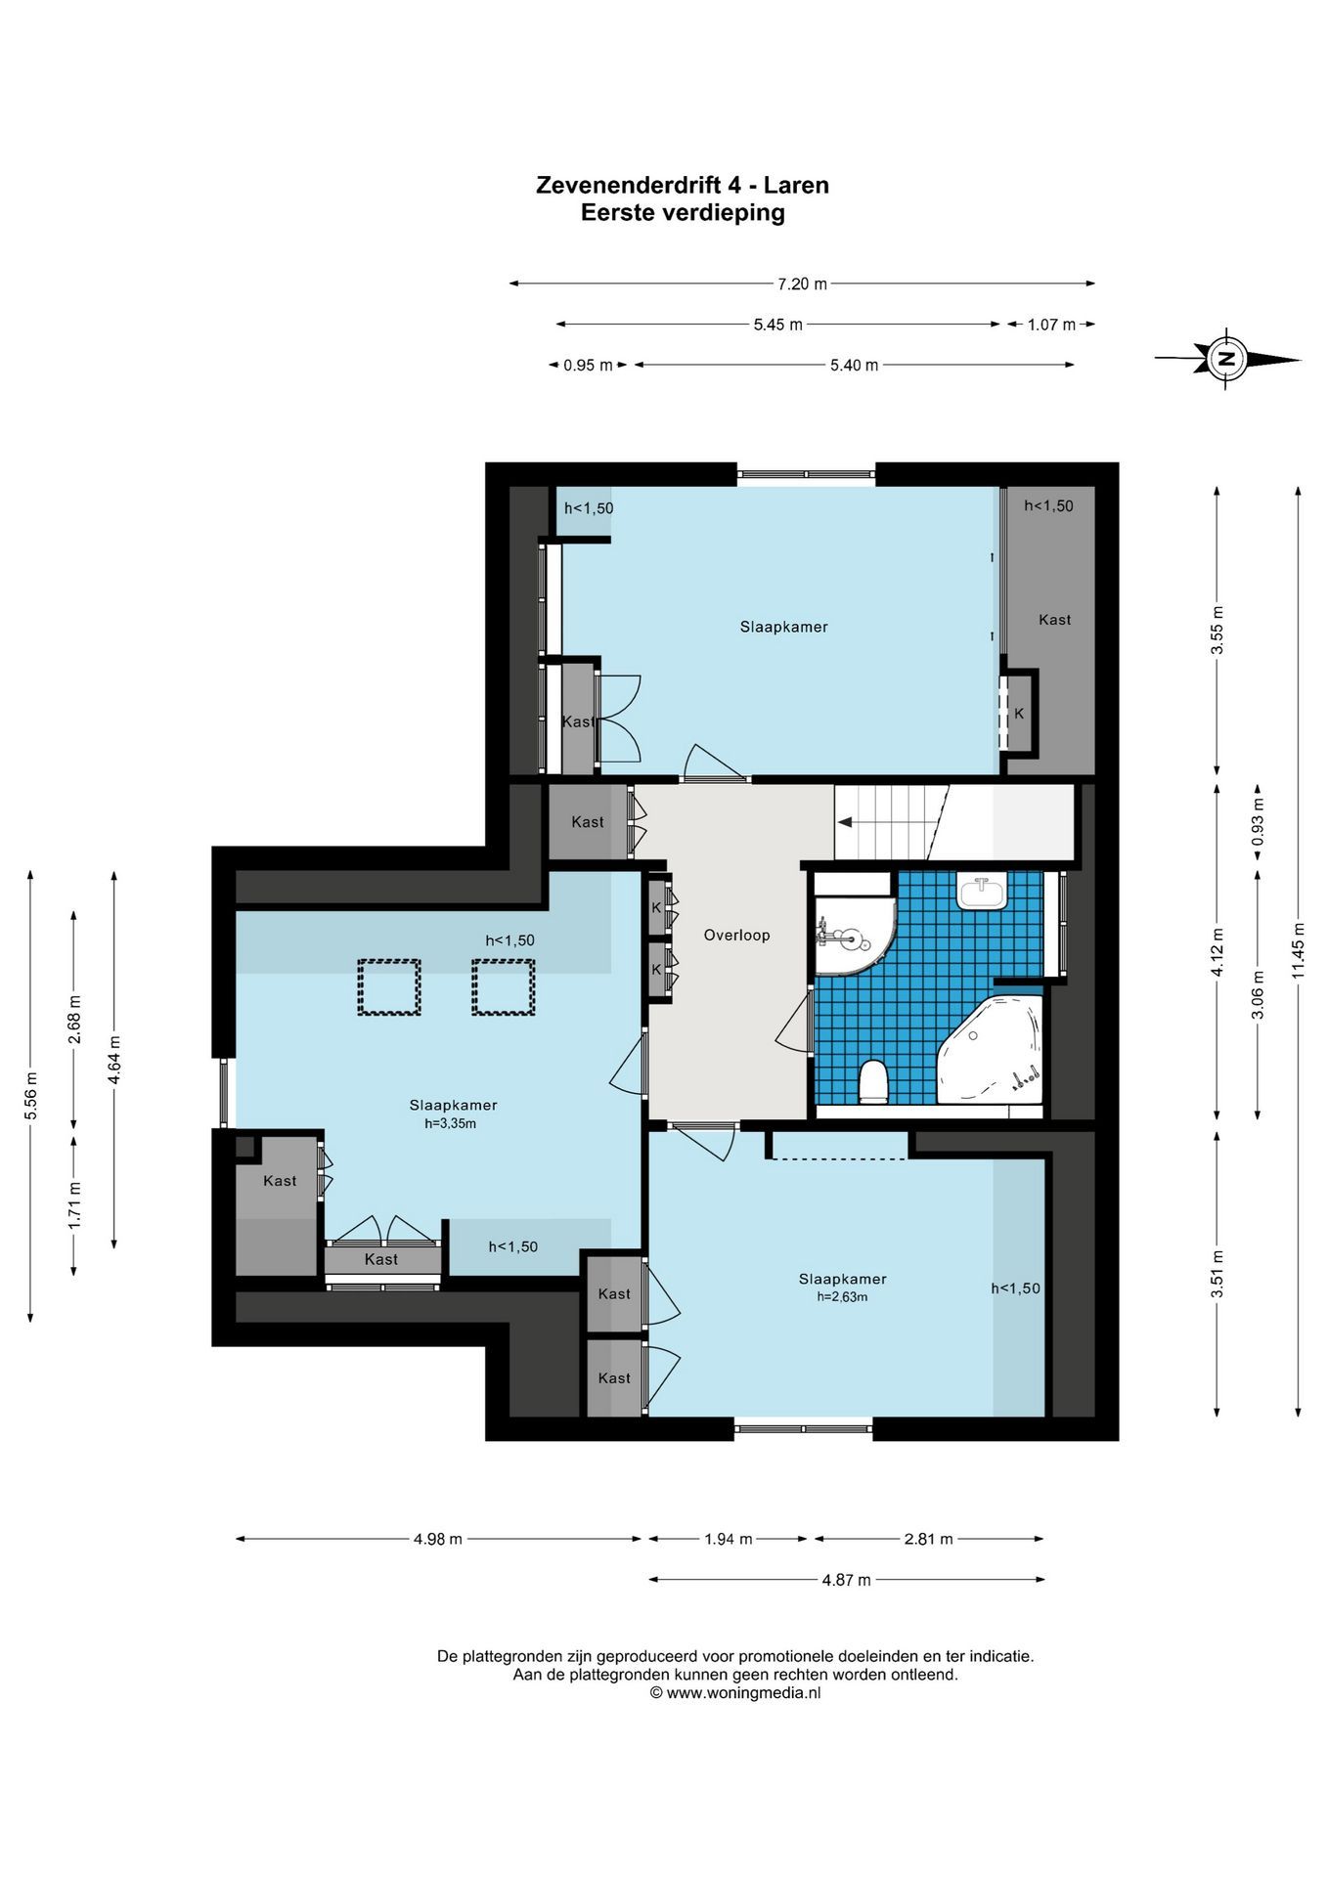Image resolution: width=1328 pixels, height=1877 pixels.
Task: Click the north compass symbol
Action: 1226,359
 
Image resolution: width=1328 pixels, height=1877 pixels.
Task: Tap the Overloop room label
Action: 736,936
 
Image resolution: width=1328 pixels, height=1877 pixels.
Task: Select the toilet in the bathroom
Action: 872,1082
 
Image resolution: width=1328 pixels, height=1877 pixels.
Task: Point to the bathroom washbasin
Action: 981,891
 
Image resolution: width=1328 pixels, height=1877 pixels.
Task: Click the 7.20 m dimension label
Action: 802,284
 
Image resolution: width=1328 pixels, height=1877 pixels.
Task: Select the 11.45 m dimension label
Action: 1298,950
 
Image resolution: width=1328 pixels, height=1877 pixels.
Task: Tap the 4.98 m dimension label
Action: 437,1539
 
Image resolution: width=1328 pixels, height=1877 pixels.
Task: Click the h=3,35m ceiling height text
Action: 450,1124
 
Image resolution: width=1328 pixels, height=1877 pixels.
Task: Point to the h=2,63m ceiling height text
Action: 842,1297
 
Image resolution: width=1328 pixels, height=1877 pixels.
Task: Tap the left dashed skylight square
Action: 388,987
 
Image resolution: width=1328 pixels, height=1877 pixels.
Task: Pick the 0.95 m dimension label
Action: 588,366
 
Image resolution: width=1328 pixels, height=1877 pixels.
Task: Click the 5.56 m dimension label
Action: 31,1097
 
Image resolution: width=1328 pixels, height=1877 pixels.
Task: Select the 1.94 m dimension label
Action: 729,1539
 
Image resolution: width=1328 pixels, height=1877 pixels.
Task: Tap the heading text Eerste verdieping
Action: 683,212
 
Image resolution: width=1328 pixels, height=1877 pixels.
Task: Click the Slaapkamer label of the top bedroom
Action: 783,628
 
